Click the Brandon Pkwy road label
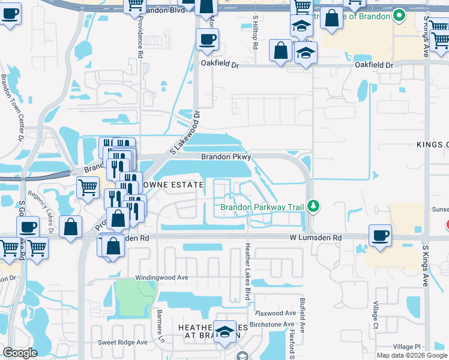coord(225,157)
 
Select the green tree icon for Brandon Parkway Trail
coord(313,207)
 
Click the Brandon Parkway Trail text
coord(262,208)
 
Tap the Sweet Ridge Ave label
coord(123,342)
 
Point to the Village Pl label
coord(408,347)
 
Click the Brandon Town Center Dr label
coord(12,106)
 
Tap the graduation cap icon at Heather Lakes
coord(225,332)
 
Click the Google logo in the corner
coord(20,353)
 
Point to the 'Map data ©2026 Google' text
coord(412,355)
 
